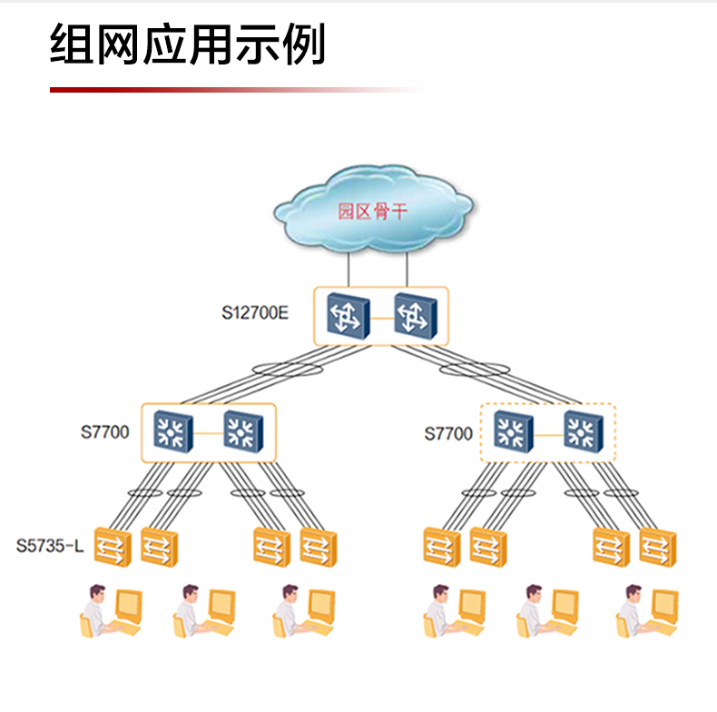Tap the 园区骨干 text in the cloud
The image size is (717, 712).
pyautogui.click(x=372, y=212)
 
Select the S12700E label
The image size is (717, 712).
pyautogui.click(x=255, y=314)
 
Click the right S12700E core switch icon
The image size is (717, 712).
pyautogui.click(x=415, y=316)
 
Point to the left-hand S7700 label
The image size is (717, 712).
pyautogui.click(x=104, y=431)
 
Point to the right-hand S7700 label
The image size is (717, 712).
pyautogui.click(x=448, y=433)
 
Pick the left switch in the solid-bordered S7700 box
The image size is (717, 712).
pyautogui.click(x=172, y=431)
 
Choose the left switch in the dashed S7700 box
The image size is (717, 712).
pyautogui.click(x=515, y=431)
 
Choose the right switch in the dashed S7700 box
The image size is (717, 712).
pyautogui.click(x=584, y=431)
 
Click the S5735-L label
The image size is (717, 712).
pyautogui.click(x=51, y=547)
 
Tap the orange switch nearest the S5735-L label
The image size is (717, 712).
pyautogui.click(x=113, y=547)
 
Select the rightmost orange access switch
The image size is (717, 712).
pyautogui.click(x=656, y=547)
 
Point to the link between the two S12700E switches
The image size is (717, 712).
pyautogui.click(x=381, y=318)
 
